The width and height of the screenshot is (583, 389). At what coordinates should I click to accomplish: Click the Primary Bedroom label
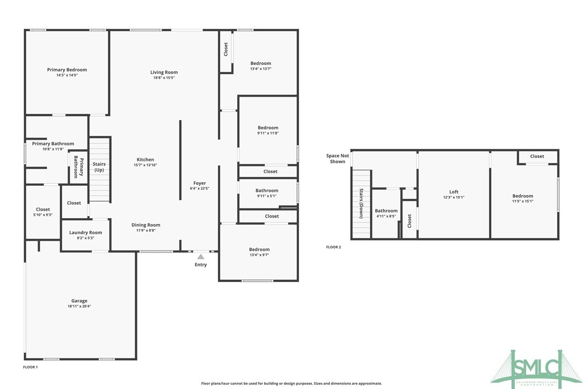(67, 70)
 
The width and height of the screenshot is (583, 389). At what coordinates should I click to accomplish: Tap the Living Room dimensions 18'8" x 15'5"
(164, 78)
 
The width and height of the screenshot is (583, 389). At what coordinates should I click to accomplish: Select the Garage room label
(79, 301)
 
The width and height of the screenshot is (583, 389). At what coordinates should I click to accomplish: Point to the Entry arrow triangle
(200, 257)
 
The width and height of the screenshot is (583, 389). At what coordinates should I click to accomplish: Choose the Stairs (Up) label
(99, 167)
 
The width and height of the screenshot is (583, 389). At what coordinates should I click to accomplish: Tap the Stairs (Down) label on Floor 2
(361, 204)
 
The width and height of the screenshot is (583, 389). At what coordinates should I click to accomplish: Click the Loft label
(454, 192)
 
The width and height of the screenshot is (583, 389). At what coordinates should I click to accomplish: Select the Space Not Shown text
(337, 159)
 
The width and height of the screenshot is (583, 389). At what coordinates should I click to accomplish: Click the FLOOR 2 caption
(333, 247)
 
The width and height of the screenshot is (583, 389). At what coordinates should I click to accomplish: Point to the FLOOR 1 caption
(30, 367)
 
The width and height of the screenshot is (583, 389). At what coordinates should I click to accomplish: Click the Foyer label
(199, 183)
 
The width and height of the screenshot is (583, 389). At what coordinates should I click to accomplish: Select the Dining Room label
(145, 225)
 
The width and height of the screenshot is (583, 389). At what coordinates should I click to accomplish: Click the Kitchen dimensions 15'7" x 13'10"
(145, 165)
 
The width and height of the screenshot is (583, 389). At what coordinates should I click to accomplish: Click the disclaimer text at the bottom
(291, 384)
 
